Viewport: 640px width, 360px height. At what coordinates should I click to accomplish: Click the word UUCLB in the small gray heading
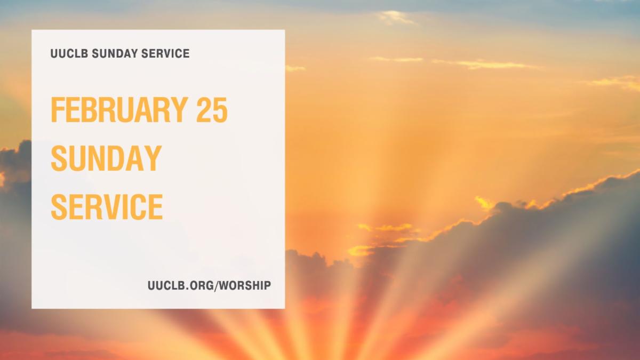(x=69, y=53)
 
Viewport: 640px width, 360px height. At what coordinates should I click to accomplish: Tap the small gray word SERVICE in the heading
(x=165, y=53)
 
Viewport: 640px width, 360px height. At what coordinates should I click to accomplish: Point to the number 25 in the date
(x=212, y=110)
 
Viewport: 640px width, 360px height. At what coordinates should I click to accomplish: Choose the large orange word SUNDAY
(x=106, y=158)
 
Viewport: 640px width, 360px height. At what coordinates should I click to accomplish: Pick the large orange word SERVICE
(x=107, y=206)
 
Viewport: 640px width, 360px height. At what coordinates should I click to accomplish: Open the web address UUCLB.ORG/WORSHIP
(x=210, y=285)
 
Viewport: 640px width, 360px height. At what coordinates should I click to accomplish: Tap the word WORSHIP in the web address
(x=245, y=285)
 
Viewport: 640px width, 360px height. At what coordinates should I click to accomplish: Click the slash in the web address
(x=217, y=285)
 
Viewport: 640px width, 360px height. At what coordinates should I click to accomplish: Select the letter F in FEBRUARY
(x=57, y=110)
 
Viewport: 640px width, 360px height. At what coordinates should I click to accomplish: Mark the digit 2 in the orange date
(x=204, y=110)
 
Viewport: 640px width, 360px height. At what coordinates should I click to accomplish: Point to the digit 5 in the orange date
(x=220, y=110)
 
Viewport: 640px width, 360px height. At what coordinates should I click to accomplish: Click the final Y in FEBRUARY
(x=180, y=110)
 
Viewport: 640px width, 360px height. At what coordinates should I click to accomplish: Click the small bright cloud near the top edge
(x=396, y=17)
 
